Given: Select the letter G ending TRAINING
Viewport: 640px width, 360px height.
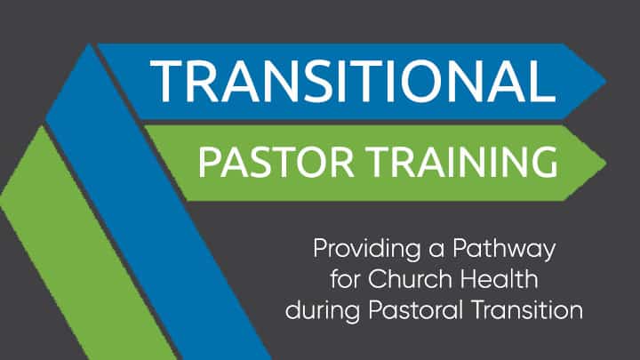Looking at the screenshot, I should click(x=545, y=162).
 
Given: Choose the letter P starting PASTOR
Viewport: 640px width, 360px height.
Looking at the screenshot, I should click(x=208, y=162).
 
